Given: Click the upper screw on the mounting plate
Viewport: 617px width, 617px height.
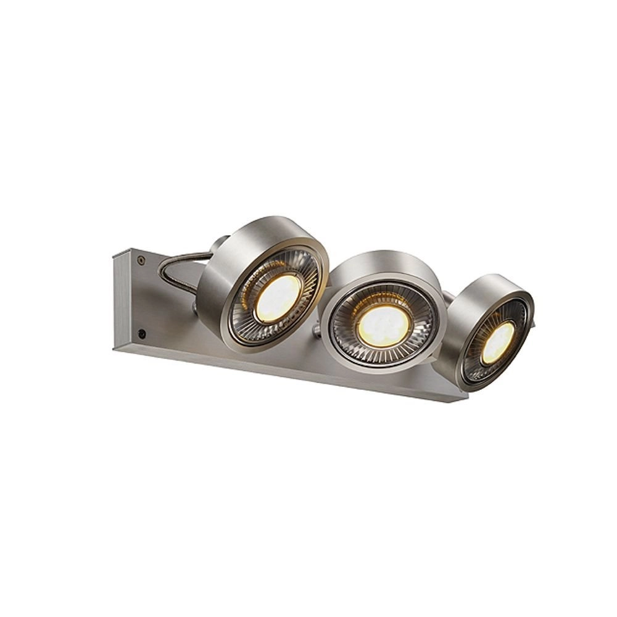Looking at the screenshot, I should pyautogui.click(x=142, y=260).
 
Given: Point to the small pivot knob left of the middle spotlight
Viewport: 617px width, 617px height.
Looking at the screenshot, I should pyautogui.click(x=316, y=333).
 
